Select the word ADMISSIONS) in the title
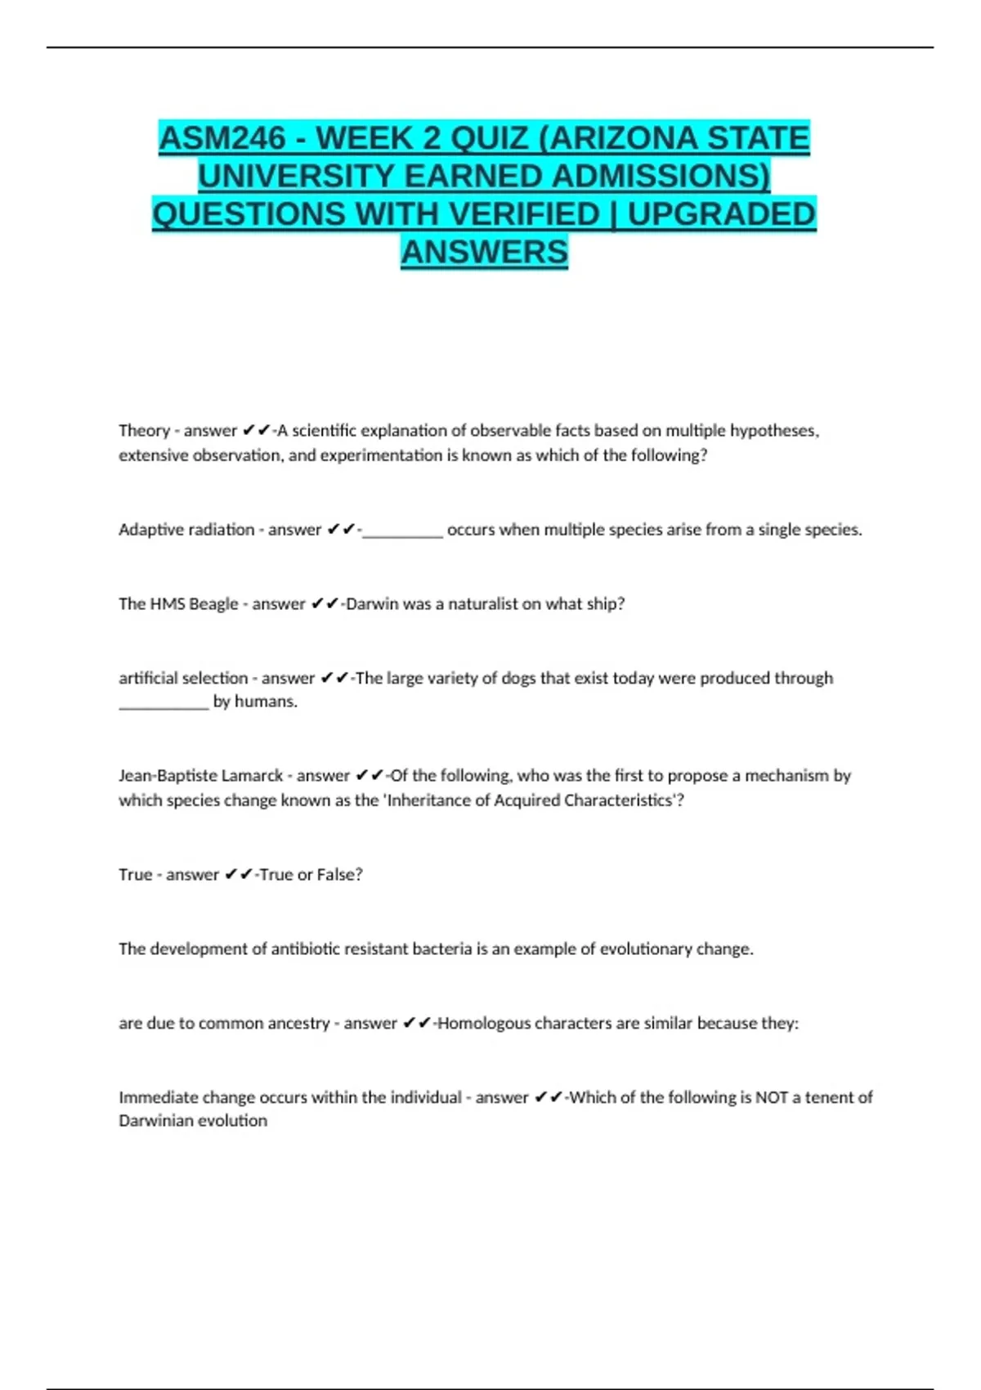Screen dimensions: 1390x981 point(661,177)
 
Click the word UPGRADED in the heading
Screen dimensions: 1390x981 point(721,214)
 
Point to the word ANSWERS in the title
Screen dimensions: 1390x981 point(484,252)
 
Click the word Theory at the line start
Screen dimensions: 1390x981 point(144,431)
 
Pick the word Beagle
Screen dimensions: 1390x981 point(213,604)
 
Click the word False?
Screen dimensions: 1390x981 point(339,874)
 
